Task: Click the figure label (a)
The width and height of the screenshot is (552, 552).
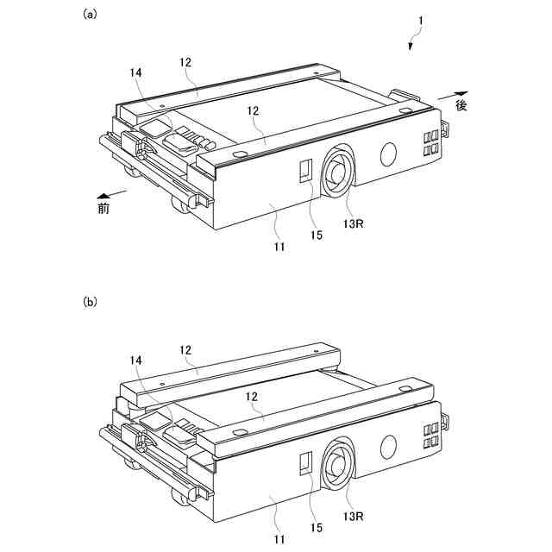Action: (x=90, y=14)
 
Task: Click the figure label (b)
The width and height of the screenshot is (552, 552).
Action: (x=90, y=303)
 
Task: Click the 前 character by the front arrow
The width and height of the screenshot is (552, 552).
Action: (x=103, y=208)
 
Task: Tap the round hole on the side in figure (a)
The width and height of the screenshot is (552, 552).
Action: (x=387, y=154)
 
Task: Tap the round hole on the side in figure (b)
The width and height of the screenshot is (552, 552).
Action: (x=387, y=446)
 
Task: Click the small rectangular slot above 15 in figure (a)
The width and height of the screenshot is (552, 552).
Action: (x=304, y=169)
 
